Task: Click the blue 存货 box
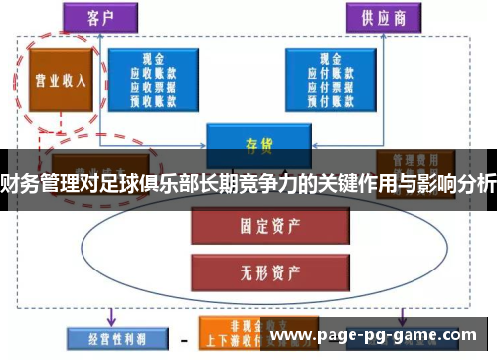[251, 142]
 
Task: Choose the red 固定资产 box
[252, 227]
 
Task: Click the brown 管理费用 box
[410, 162]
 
